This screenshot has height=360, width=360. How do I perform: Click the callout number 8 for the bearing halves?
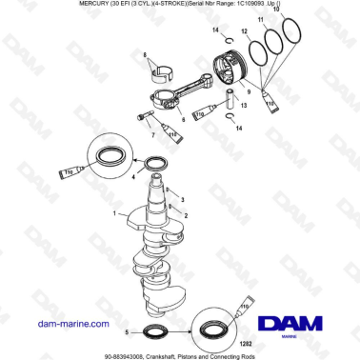146,57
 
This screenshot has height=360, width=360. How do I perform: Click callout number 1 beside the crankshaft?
114,214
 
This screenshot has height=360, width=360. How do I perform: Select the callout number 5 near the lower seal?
126,330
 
